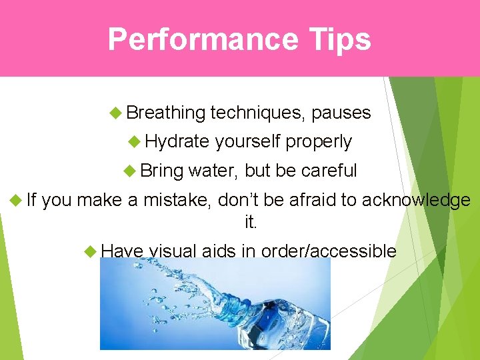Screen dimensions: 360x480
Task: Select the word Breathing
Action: coord(165,113)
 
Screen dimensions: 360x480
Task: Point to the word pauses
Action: coord(341,113)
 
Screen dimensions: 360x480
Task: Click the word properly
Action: coord(319,142)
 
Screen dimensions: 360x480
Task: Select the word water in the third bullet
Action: coord(213,171)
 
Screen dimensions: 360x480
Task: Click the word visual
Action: coord(173,251)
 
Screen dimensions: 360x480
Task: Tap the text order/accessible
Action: coord(329,251)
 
